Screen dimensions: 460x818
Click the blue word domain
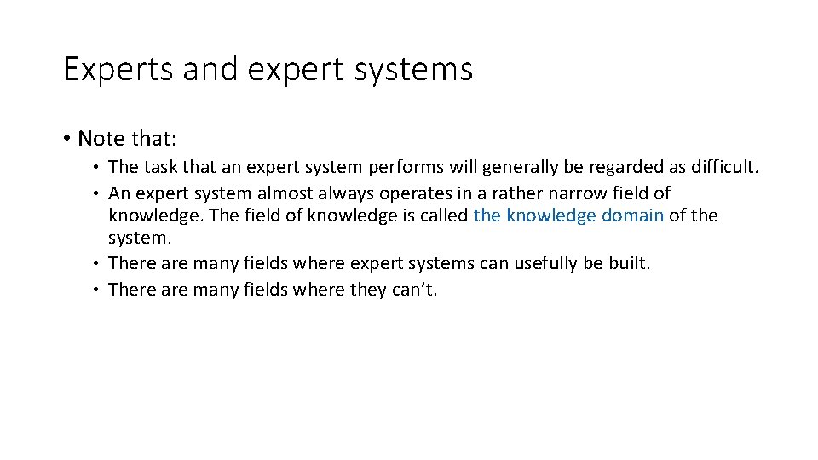[632, 216]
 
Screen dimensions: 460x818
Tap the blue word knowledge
[550, 216]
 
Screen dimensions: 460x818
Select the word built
[629, 263]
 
